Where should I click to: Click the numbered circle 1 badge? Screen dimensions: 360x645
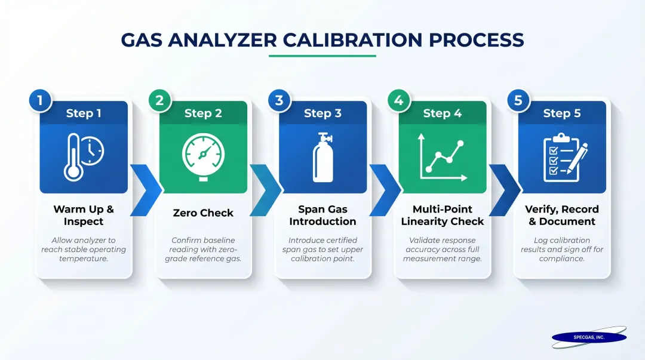[x=40, y=100]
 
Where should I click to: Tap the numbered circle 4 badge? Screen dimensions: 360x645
[x=399, y=100]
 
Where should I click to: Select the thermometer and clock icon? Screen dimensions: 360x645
[x=84, y=157]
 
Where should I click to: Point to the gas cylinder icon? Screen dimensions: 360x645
[x=323, y=156]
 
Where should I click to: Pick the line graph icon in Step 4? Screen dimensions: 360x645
[x=442, y=157]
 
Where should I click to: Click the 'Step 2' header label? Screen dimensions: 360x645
[x=203, y=113]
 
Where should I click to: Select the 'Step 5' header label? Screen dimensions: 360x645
[x=562, y=113]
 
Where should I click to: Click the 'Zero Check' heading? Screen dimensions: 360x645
[x=203, y=213]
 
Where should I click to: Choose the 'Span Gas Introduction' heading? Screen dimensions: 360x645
[x=322, y=216]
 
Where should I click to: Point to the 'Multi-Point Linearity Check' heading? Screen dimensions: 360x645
[x=443, y=216]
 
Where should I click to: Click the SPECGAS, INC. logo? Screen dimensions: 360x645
[x=589, y=337]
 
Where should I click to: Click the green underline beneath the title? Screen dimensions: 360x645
[x=322, y=56]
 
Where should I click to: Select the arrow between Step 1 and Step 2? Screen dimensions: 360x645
[x=145, y=190]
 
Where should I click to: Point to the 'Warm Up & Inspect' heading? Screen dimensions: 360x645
[x=84, y=216]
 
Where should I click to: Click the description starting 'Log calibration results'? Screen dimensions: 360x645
[x=562, y=250]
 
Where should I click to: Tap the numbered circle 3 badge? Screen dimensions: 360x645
[x=279, y=100]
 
